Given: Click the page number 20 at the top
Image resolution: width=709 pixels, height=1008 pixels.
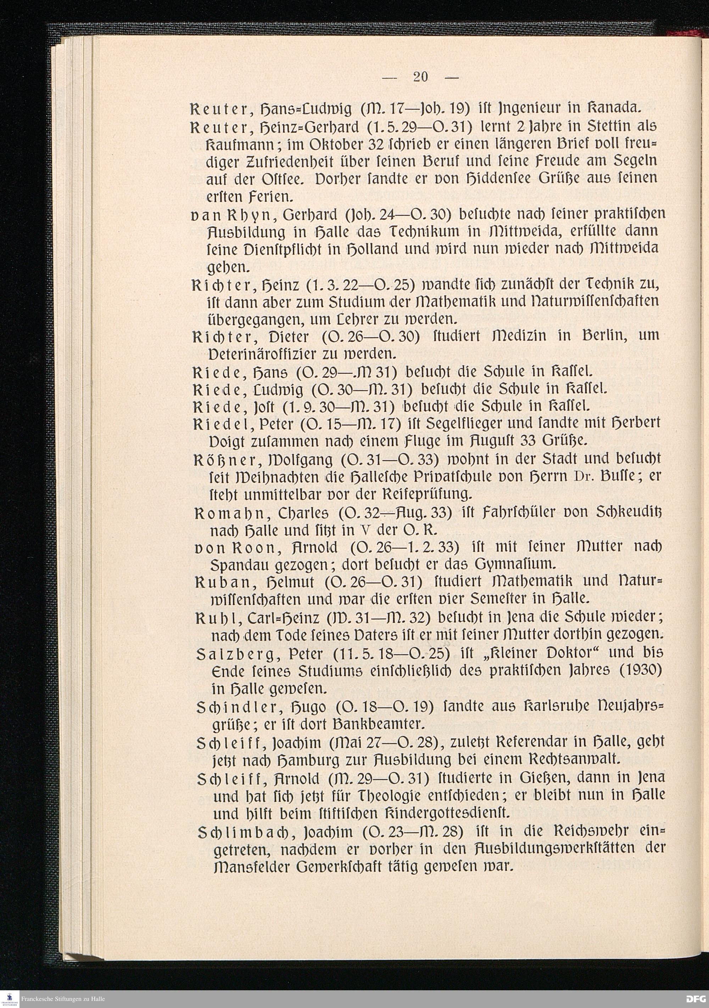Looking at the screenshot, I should (x=420, y=77).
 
